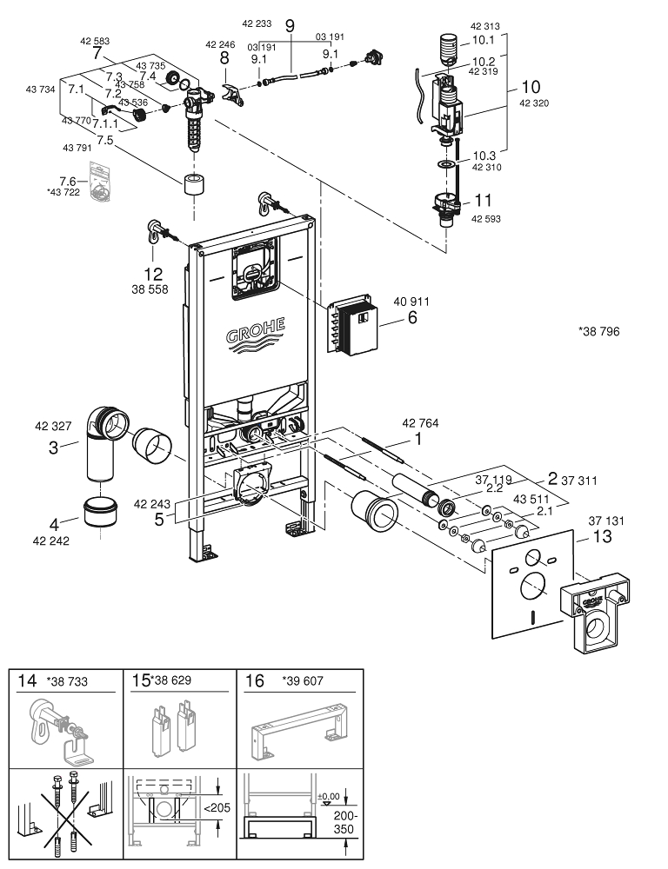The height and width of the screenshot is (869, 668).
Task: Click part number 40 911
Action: [411, 302]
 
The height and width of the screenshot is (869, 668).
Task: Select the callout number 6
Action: [413, 319]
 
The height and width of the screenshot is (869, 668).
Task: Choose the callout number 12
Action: [152, 273]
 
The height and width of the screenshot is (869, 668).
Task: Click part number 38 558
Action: [151, 289]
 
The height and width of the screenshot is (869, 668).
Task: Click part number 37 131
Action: [606, 521]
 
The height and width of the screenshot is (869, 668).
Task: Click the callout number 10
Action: [531, 87]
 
